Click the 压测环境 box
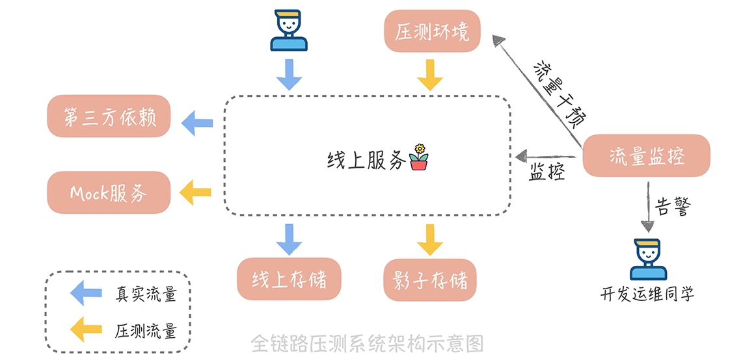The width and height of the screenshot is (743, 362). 432,31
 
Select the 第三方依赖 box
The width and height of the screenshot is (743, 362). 109,116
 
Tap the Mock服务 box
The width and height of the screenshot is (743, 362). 109,192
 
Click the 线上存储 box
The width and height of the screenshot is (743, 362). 289,279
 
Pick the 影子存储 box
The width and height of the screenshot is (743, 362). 430,279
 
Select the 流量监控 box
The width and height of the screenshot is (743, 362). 646,156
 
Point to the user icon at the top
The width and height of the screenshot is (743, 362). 289,31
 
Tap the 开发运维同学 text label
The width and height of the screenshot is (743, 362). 647,294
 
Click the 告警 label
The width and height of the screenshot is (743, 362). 673,207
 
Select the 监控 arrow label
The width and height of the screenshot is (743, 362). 546,173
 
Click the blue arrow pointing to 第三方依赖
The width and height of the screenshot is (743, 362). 197,122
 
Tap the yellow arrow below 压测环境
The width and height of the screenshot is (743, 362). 430,75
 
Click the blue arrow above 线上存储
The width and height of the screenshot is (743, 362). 289,239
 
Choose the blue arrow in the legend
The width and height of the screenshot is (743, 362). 86,293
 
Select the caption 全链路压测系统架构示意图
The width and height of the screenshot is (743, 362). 368,343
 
